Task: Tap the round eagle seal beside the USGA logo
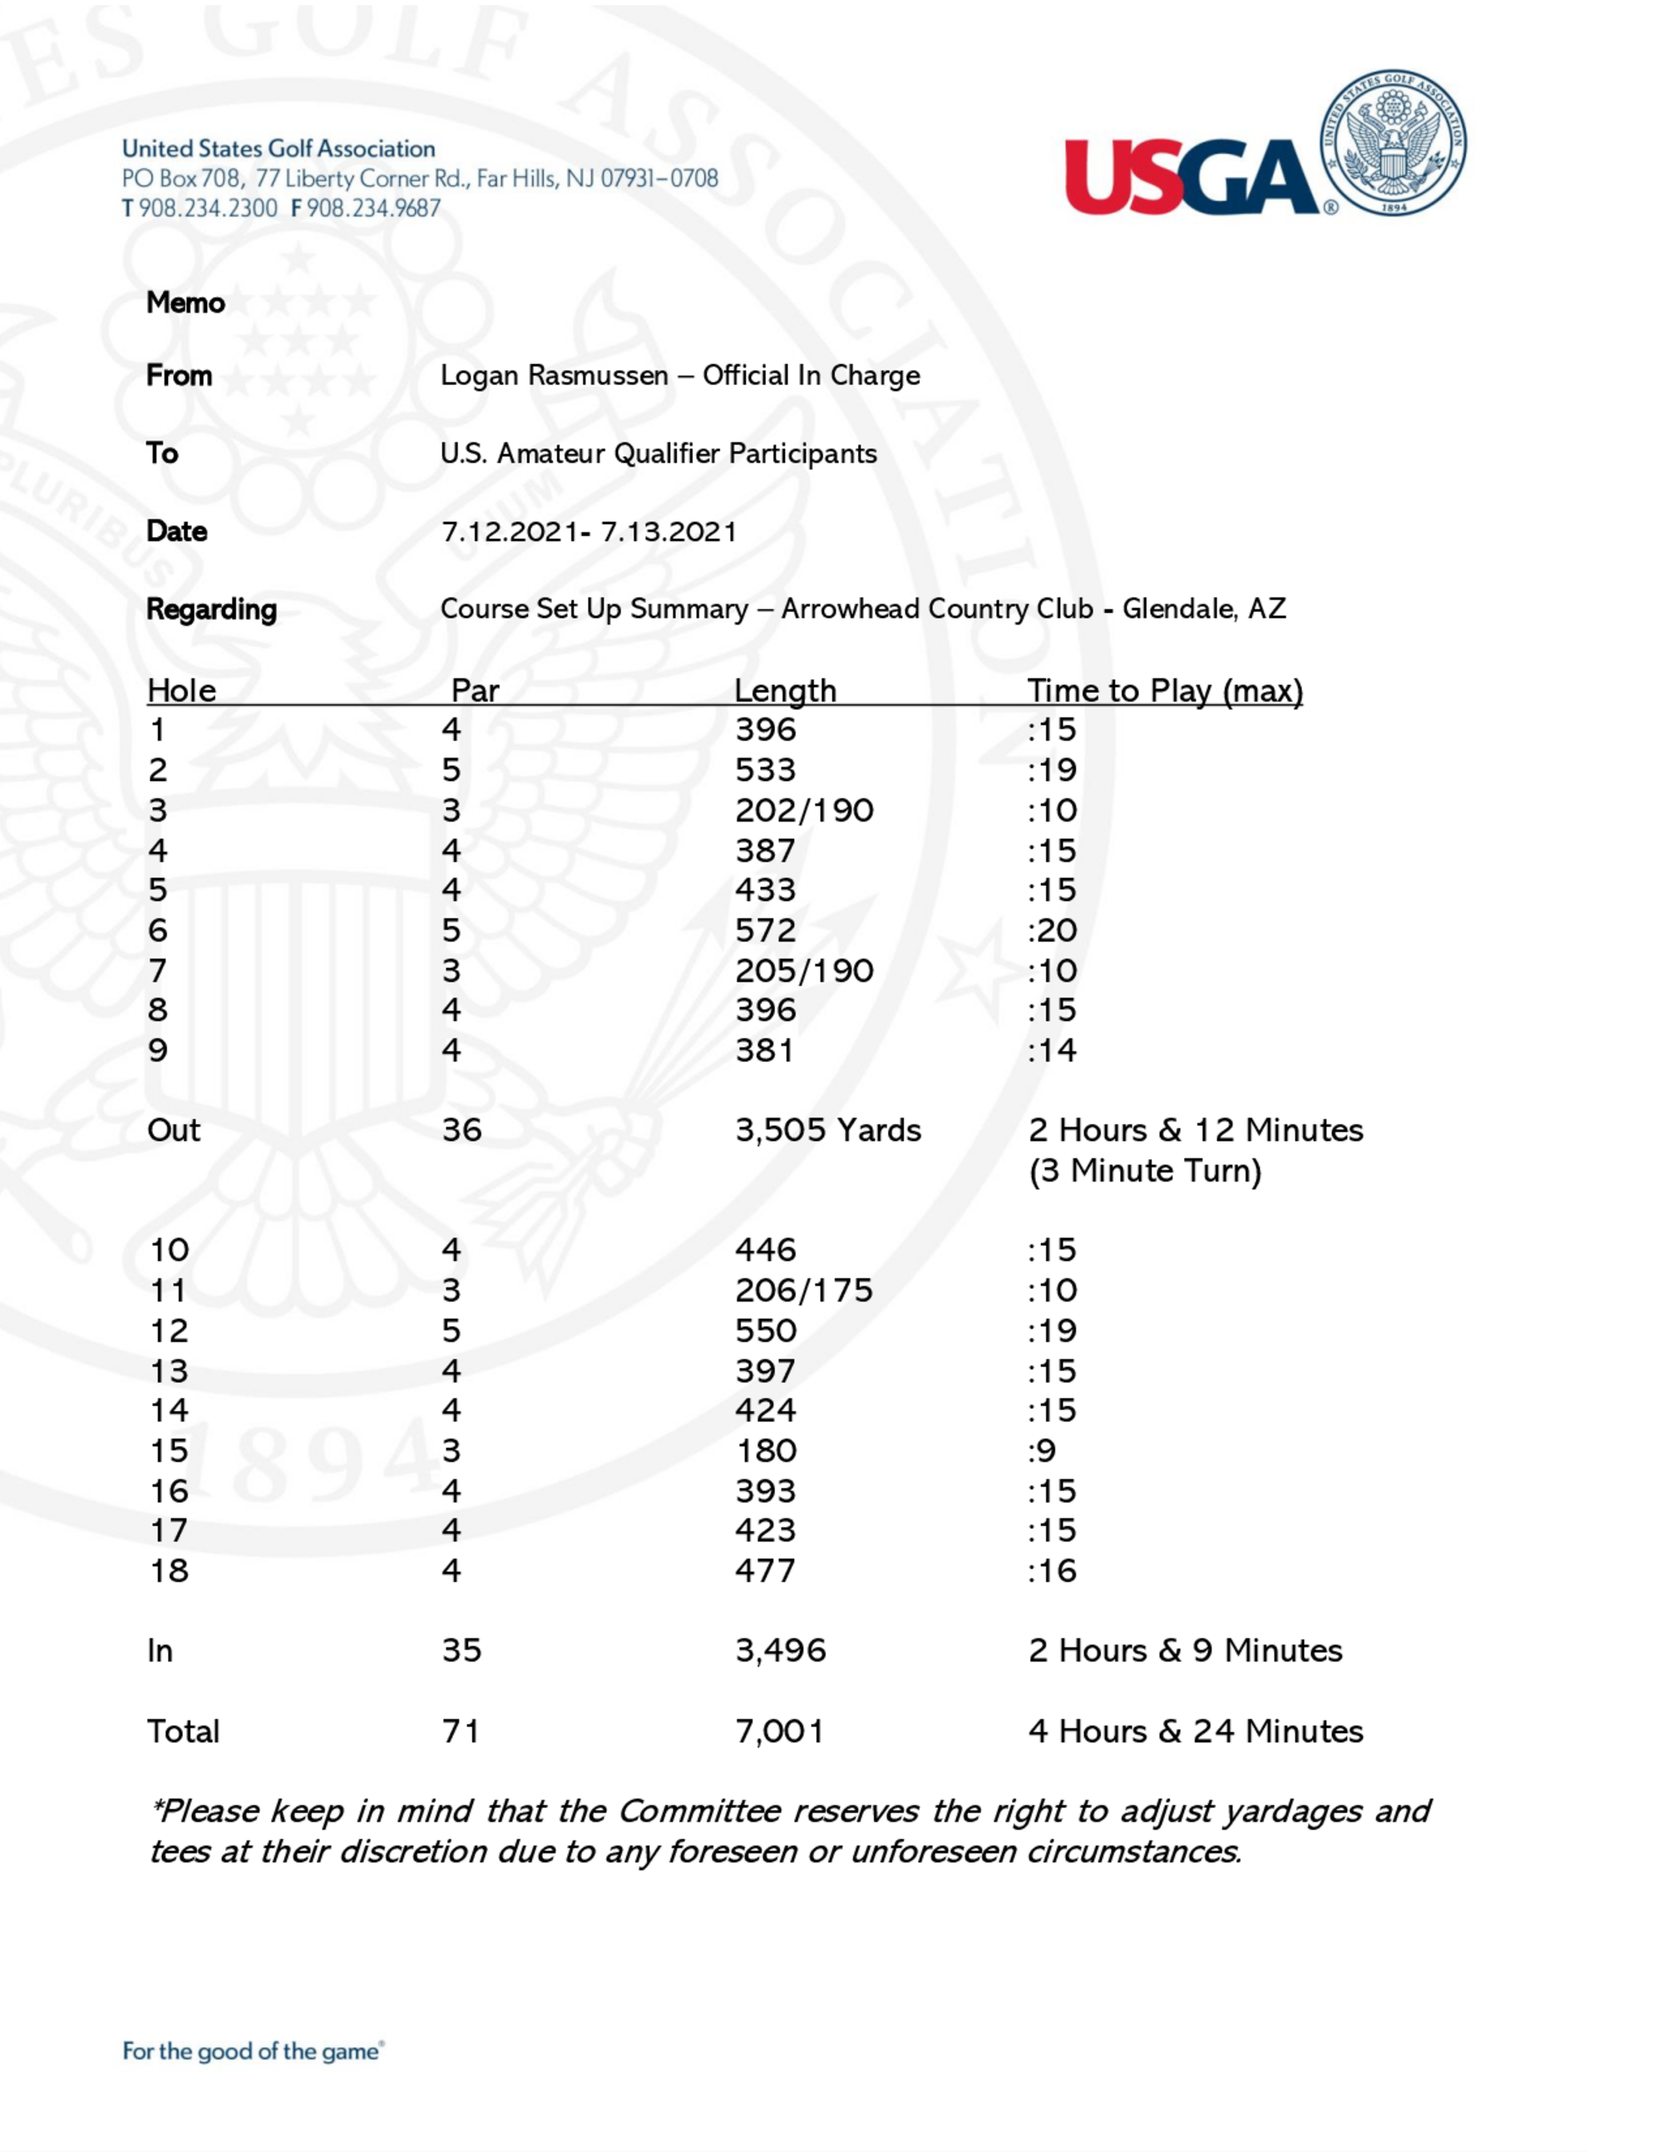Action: click(x=1392, y=144)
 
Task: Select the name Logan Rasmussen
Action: click(x=554, y=375)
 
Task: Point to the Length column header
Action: click(x=785, y=689)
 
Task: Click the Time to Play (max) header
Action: click(x=1164, y=689)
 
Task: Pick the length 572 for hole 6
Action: click(x=766, y=930)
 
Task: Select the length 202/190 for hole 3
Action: click(x=804, y=810)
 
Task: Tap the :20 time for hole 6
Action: click(x=1052, y=930)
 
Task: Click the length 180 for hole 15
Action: click(x=766, y=1450)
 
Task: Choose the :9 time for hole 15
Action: click(x=1043, y=1450)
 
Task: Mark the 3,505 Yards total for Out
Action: click(x=827, y=1130)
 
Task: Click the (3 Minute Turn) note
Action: click(x=1145, y=1171)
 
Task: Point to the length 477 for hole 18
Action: click(x=766, y=1571)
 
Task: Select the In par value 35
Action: click(x=461, y=1651)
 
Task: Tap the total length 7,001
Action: click(x=779, y=1731)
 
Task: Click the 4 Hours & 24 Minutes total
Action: click(x=1195, y=1731)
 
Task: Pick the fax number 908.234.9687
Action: click(x=373, y=208)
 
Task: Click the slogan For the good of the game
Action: click(x=252, y=2051)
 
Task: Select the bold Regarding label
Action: click(x=211, y=610)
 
